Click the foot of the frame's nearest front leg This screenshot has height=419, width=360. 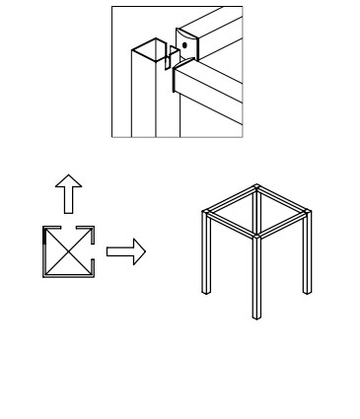pos(255,317)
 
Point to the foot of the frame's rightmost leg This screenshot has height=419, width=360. pos(306,292)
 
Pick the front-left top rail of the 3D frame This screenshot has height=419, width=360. pos(230,224)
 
